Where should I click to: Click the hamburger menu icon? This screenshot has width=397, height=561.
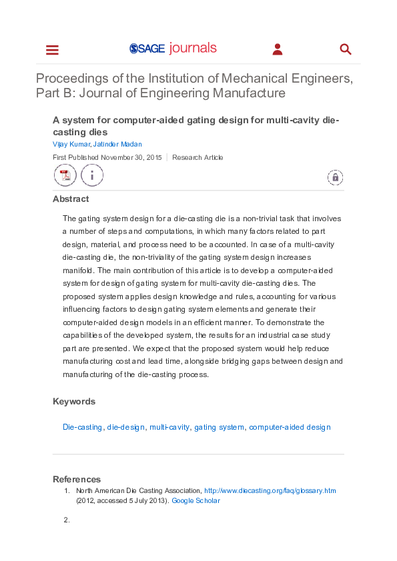tap(52, 50)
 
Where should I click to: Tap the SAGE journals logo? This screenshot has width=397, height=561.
tap(173, 49)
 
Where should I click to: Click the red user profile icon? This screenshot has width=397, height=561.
tap(278, 49)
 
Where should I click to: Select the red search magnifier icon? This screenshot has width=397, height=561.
tap(345, 49)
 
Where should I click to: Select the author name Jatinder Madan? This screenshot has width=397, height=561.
tap(117, 144)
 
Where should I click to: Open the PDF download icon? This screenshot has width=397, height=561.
tap(65, 176)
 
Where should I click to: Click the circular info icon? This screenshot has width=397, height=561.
tap(92, 176)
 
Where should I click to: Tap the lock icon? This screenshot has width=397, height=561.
tap(335, 177)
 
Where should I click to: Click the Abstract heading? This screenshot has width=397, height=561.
tap(71, 199)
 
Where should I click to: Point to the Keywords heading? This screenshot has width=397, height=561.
tap(74, 401)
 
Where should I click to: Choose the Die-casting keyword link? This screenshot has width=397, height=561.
tap(82, 427)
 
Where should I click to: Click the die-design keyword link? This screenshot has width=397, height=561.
tap(126, 427)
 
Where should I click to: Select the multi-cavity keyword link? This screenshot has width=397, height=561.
tap(169, 427)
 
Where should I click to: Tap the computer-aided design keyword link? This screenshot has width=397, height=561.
tap(290, 427)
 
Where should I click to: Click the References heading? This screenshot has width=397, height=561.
tap(77, 479)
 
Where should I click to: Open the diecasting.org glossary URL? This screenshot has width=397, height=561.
tap(270, 490)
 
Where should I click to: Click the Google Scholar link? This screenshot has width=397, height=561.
tap(195, 500)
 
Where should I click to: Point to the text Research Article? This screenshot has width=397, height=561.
tap(197, 158)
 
